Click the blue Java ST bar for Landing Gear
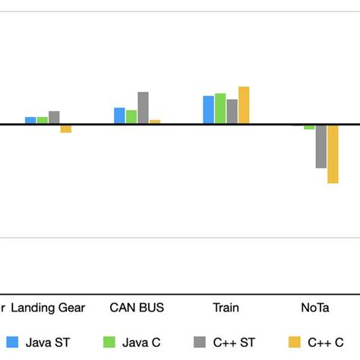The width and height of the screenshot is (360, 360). [x=30, y=120]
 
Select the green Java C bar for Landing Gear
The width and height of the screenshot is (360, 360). [x=43, y=120]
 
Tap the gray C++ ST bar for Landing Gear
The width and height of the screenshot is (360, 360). [x=54, y=117]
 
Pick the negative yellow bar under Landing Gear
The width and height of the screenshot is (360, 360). [x=66, y=129]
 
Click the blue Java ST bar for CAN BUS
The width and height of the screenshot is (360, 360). [x=119, y=115]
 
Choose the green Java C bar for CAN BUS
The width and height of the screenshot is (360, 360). [x=131, y=117]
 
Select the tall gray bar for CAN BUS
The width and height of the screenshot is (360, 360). [x=143, y=108]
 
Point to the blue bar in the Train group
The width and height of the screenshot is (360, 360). [x=208, y=109]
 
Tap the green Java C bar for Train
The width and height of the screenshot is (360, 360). [x=220, y=109]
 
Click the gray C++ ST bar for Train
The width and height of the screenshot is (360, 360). [x=232, y=111]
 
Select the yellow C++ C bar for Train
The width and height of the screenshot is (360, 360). [x=244, y=105]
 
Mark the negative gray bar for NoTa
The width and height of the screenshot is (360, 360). [x=321, y=147]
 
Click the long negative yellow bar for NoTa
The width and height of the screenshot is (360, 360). [x=333, y=154]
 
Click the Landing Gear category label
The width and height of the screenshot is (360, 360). [x=49, y=308]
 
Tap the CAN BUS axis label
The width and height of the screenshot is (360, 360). [x=137, y=308]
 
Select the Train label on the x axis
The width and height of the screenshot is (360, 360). [x=226, y=308]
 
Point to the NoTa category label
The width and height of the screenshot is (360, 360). [x=314, y=308]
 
